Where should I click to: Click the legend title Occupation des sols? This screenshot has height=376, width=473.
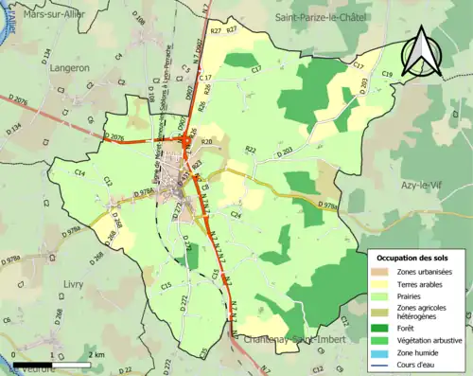coord(414,258)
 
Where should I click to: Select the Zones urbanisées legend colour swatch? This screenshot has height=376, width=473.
coord(383,272)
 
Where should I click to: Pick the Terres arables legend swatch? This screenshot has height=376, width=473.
coord(383,284)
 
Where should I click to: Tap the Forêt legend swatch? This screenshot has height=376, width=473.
coord(383,328)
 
